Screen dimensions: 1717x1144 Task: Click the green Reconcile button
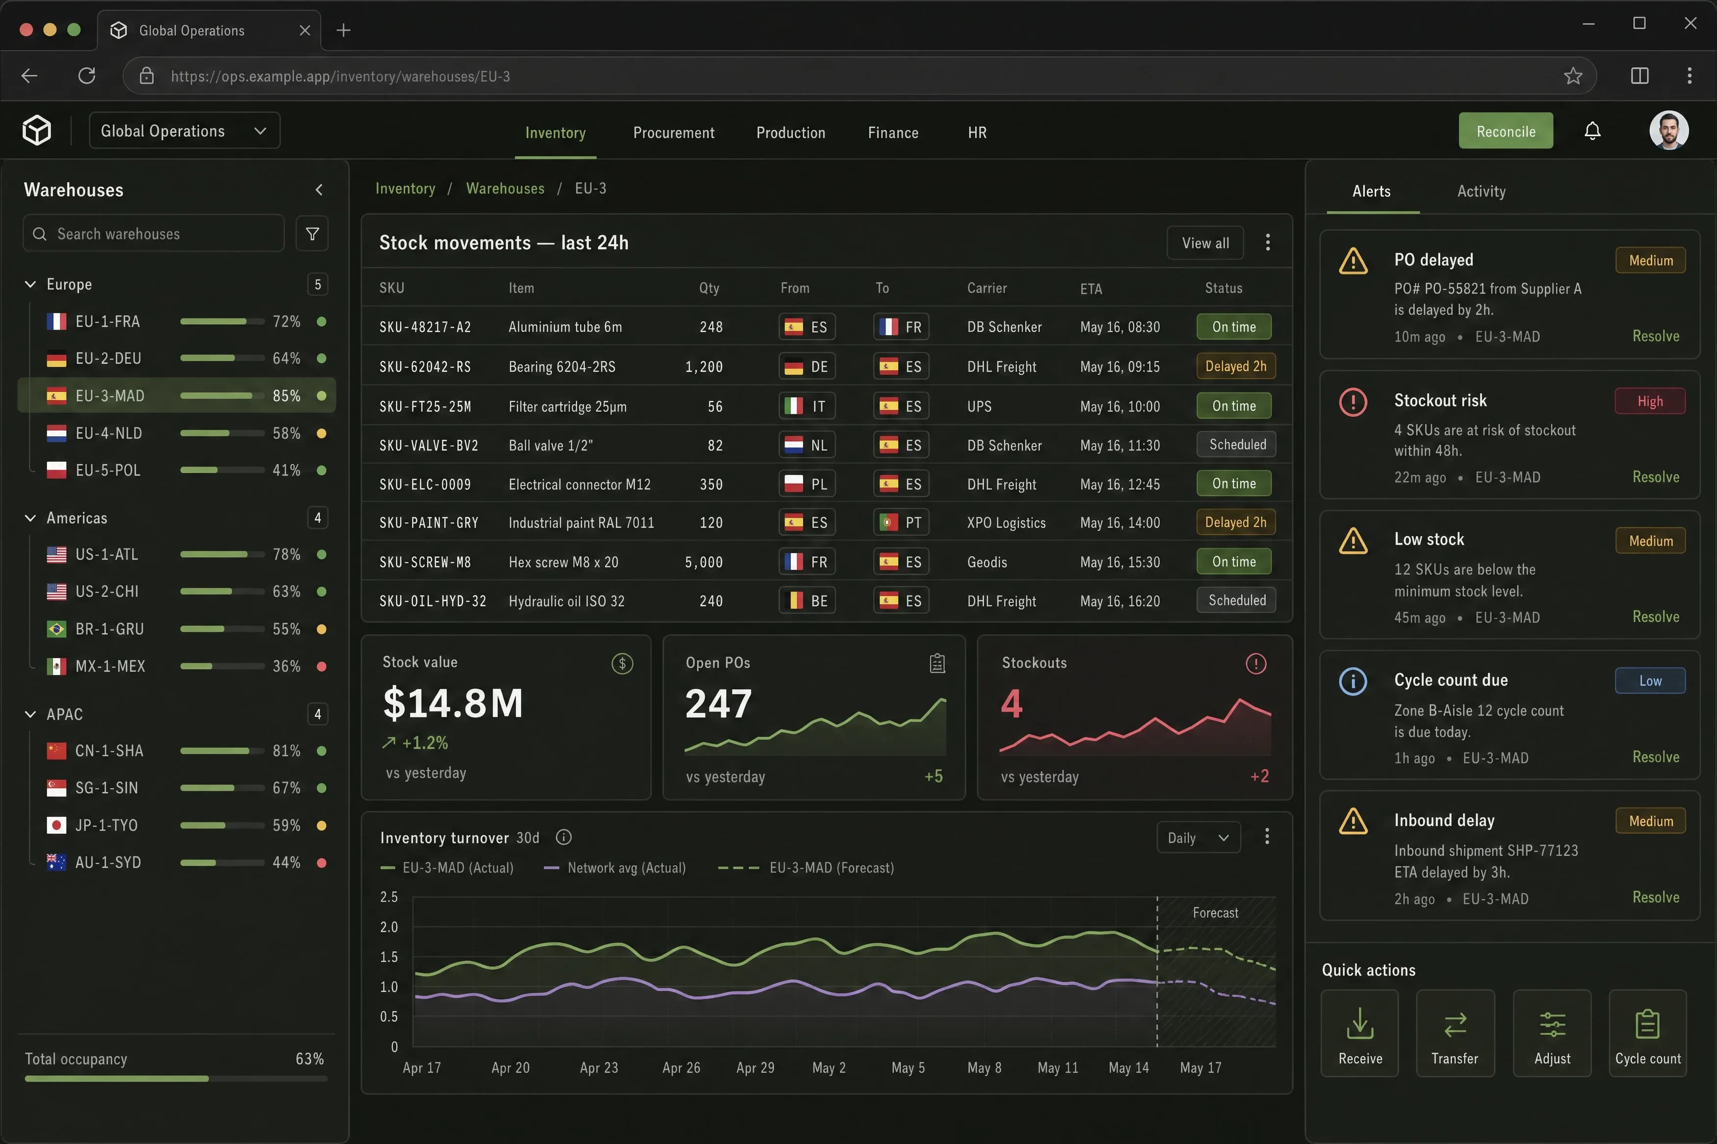pyautogui.click(x=1505, y=131)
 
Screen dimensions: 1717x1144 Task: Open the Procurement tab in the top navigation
pyautogui.click(x=674, y=133)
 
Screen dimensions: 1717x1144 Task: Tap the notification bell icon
pyautogui.click(x=1592, y=131)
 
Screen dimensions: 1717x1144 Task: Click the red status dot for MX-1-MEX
pyautogui.click(x=321, y=666)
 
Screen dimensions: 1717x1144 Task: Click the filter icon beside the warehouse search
pyautogui.click(x=313, y=234)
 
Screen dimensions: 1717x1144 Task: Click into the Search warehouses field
pyautogui.click(x=154, y=234)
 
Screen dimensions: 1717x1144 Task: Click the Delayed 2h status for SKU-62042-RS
pyautogui.click(x=1236, y=366)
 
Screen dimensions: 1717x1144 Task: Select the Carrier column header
pyautogui.click(x=987, y=288)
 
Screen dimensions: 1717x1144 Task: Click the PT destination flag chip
pyautogui.click(x=901, y=523)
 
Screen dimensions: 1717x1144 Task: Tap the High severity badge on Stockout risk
pyautogui.click(x=1650, y=401)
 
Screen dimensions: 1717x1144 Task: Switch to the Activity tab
pyautogui.click(x=1481, y=191)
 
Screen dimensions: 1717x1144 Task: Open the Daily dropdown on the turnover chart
pyautogui.click(x=1198, y=837)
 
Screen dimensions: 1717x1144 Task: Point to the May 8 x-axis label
pyautogui.click(x=984, y=1068)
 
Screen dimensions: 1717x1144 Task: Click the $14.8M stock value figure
pyautogui.click(x=453, y=703)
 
